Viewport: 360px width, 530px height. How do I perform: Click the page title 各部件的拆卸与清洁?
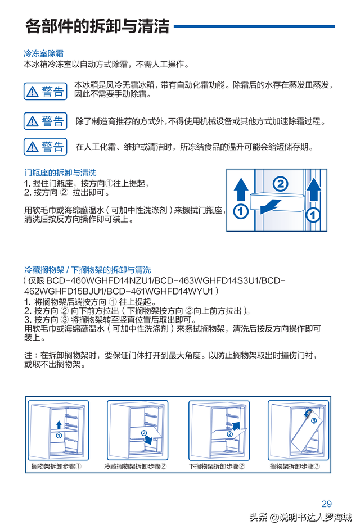[97, 26]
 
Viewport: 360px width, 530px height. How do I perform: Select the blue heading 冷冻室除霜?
[43, 54]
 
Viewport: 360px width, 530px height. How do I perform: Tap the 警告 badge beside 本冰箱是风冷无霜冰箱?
[46, 92]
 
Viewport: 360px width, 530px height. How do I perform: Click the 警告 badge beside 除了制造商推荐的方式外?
[46, 121]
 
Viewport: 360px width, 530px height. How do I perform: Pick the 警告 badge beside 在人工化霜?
[46, 147]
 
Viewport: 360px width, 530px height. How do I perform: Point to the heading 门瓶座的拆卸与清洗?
[60, 173]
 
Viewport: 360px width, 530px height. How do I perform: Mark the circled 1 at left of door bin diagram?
[240, 212]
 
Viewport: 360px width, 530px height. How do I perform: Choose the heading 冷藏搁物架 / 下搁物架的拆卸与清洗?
[87, 270]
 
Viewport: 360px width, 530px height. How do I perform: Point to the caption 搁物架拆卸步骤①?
[57, 466]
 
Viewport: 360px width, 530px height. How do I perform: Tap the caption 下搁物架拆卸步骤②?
[217, 466]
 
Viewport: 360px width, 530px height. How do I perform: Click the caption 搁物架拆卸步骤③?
[295, 466]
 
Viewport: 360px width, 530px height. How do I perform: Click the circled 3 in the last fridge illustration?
[313, 420]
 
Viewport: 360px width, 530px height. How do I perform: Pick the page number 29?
[327, 504]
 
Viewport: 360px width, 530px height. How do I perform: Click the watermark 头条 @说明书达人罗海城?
[300, 518]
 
